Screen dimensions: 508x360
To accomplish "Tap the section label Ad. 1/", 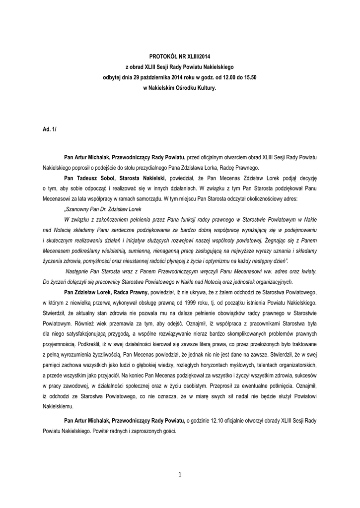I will point(50,129).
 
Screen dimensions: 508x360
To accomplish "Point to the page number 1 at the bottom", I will point(180,475).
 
